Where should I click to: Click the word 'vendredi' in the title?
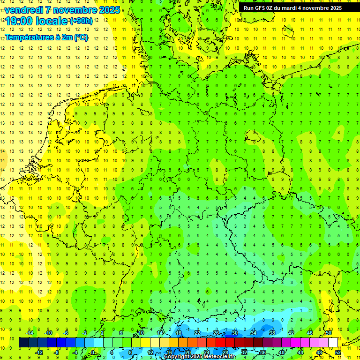pyautogui.click(x=24, y=10)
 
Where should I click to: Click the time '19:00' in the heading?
pyautogui.click(x=19, y=21)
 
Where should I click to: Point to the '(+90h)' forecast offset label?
pyautogui.click(x=82, y=21)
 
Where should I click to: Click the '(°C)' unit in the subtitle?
pyautogui.click(x=81, y=37)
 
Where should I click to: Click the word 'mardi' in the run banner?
pyautogui.click(x=294, y=7)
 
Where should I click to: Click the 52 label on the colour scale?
pyautogui.click(x=337, y=352)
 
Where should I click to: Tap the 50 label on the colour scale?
pyautogui.click(x=329, y=333)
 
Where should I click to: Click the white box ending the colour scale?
pyautogui.click(x=333, y=343)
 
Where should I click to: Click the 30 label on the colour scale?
pyautogui.click(x=234, y=333)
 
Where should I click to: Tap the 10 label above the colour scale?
pyautogui.click(x=140, y=333)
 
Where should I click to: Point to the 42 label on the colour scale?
pyautogui.click(x=291, y=333)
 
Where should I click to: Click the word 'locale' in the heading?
pyautogui.click(x=52, y=21)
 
